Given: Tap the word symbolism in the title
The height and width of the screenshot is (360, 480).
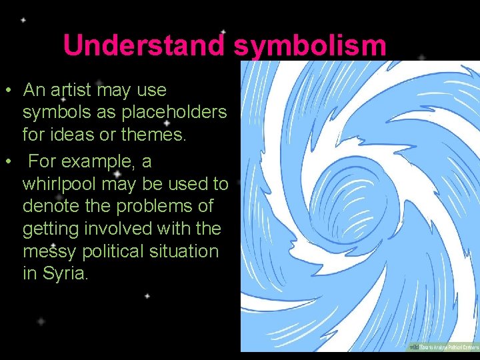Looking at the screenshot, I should point(310,45).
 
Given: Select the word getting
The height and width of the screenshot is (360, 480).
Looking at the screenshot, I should point(47,229).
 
